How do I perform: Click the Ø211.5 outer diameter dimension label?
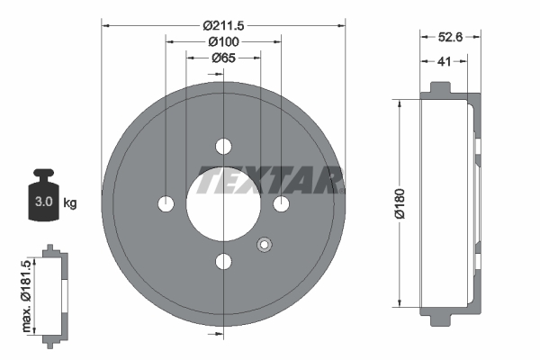[223, 25]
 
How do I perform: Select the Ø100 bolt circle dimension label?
[222, 42]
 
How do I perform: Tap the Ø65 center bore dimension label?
[223, 58]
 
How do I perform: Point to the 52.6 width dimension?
[450, 39]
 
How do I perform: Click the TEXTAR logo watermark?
[270, 181]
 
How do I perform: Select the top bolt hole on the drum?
[223, 147]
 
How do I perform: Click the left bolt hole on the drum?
[166, 204]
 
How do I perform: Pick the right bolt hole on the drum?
[281, 204]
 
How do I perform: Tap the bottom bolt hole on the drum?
[223, 262]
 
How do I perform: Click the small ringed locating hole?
[264, 244]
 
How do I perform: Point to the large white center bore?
[223, 204]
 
